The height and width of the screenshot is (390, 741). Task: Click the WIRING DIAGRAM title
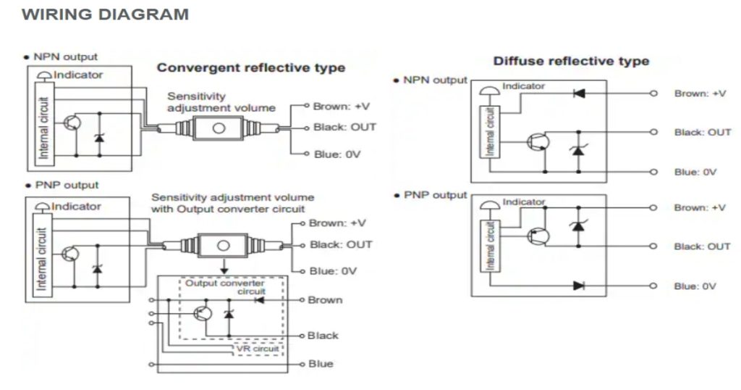(106, 14)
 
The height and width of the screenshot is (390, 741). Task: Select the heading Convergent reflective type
(251, 68)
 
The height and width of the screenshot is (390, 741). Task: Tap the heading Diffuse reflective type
(571, 61)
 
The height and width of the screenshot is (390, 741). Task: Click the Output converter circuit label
(226, 287)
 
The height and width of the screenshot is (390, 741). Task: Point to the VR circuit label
(258, 349)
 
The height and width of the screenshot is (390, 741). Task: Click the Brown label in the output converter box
(325, 299)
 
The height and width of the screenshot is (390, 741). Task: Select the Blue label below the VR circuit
(321, 363)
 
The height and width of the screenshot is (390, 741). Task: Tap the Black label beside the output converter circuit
(323, 336)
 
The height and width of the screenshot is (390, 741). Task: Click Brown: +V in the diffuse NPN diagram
(700, 94)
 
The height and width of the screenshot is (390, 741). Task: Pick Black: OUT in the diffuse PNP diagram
(702, 246)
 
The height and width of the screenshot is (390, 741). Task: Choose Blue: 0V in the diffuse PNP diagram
(695, 286)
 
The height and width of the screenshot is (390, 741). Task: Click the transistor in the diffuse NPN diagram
(537, 142)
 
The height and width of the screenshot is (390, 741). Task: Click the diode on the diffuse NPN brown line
(578, 94)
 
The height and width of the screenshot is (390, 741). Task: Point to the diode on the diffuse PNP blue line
(578, 286)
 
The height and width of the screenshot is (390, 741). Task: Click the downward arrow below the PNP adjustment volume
(224, 267)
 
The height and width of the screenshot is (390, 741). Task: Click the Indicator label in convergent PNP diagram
(76, 206)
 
